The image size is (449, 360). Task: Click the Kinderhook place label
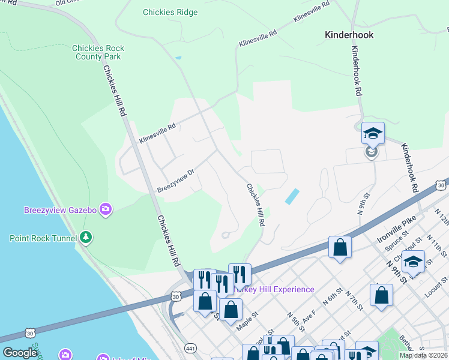[x=349, y=35]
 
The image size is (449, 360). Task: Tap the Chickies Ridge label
[x=170, y=12]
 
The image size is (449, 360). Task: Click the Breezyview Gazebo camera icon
[x=106, y=209]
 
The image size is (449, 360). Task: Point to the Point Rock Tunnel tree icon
[x=86, y=238]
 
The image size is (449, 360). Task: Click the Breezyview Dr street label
[x=176, y=179]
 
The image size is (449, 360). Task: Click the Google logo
[x=20, y=353]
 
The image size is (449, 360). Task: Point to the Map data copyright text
[x=423, y=355]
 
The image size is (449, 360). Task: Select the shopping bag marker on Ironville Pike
[x=340, y=248]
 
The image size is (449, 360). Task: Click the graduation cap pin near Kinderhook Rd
[x=373, y=134]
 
